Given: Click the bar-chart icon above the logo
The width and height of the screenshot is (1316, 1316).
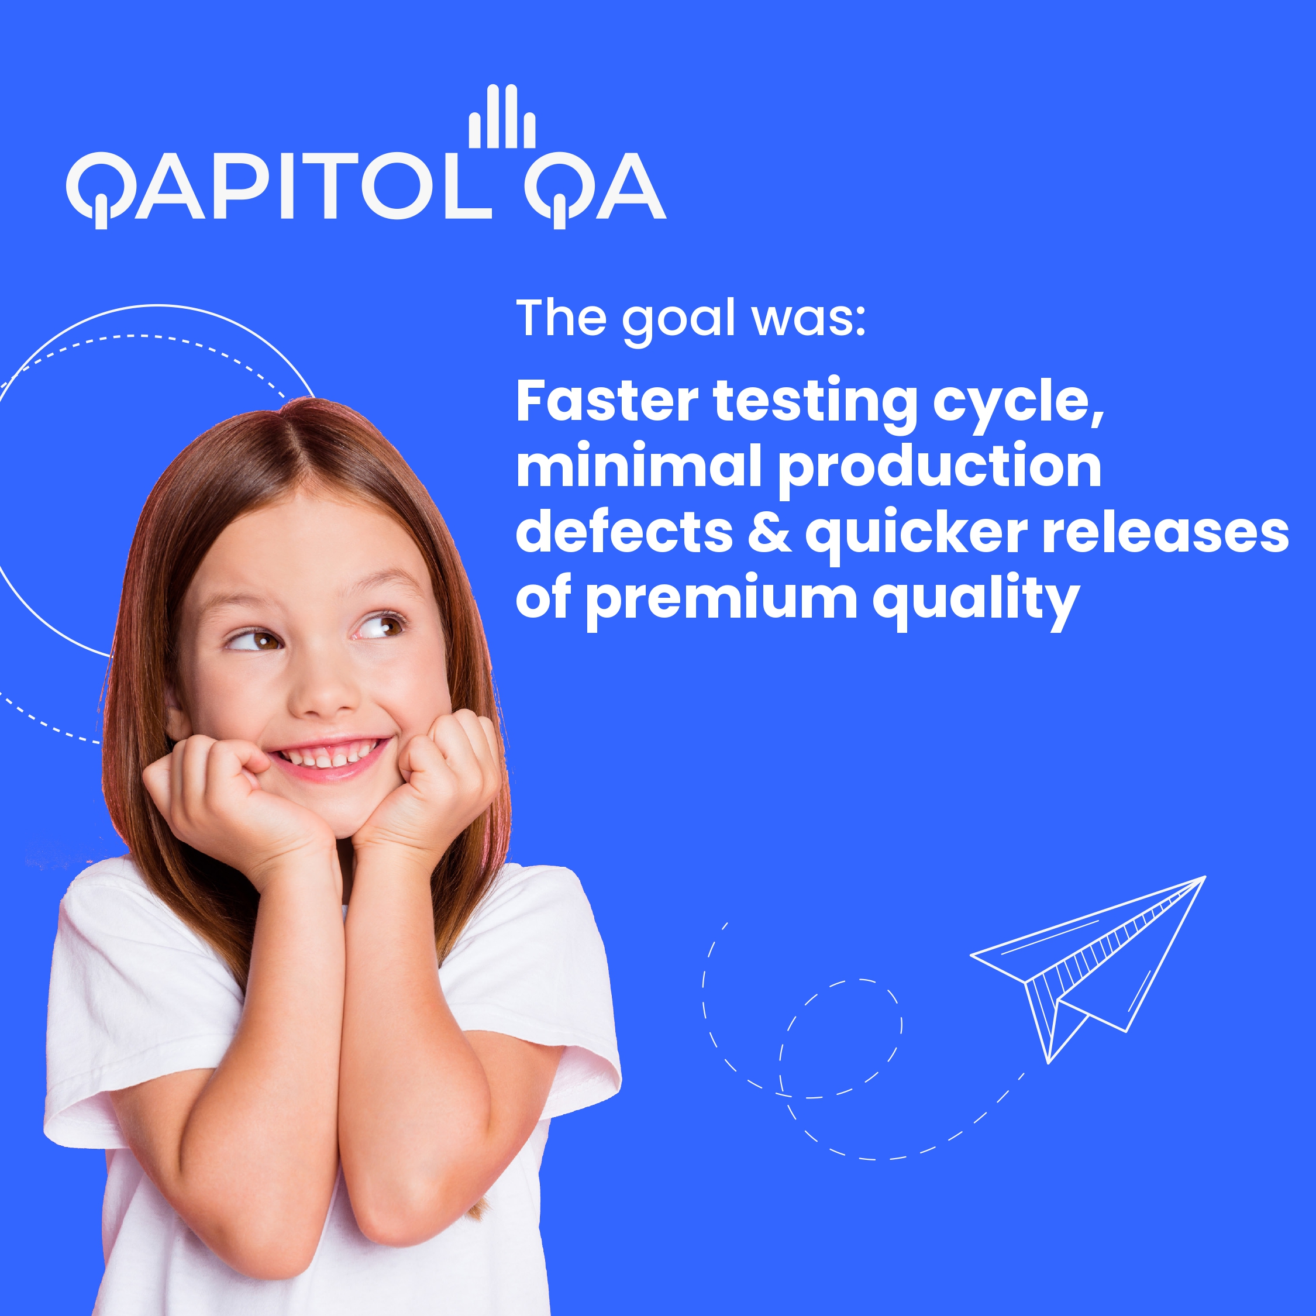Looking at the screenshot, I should [502, 117].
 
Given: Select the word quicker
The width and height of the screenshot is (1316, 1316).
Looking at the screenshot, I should [916, 535].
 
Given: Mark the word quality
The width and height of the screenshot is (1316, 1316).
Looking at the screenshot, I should [977, 601].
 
